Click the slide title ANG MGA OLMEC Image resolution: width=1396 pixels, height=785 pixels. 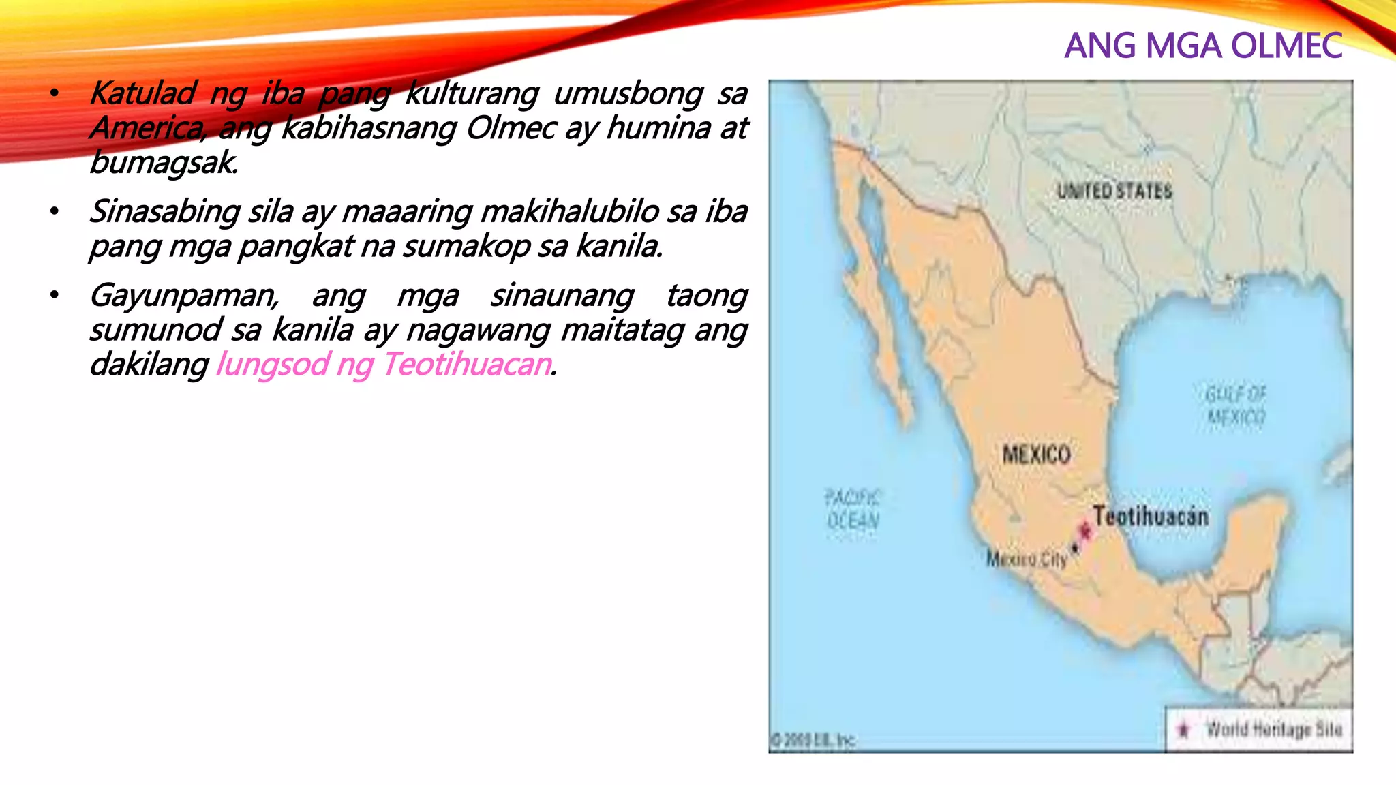click(x=1203, y=46)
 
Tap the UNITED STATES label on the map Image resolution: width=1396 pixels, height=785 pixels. click(x=1114, y=191)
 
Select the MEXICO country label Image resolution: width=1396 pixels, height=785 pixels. click(x=1036, y=455)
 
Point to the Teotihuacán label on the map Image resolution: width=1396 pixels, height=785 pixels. click(x=1151, y=516)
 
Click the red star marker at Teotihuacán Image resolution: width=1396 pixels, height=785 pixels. click(x=1084, y=531)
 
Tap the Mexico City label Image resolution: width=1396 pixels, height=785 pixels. click(x=1027, y=559)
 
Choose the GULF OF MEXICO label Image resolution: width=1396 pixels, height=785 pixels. click(x=1236, y=405)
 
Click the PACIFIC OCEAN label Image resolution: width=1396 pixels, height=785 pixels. click(x=853, y=509)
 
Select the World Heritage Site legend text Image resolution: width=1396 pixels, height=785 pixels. click(x=1274, y=729)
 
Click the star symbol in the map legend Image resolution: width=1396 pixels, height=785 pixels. click(x=1183, y=730)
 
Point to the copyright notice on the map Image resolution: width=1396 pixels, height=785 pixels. click(x=813, y=740)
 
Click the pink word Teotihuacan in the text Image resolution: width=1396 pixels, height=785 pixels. click(x=467, y=365)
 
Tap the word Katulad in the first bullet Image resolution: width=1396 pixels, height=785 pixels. click(x=143, y=93)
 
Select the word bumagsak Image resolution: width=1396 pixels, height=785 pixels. click(x=164, y=163)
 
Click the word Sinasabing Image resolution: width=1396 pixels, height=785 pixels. click(x=164, y=212)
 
